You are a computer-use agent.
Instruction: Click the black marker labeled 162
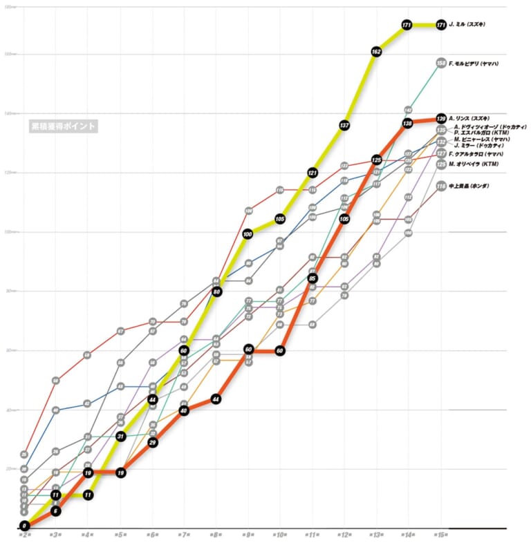(376, 51)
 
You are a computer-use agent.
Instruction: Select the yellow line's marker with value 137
(344, 124)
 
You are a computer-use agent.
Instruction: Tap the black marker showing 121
(313, 172)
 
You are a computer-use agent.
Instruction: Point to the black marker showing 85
(313, 278)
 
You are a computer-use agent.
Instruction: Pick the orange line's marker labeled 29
(152, 442)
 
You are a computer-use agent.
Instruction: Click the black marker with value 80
(216, 291)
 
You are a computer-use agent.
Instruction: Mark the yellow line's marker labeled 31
(120, 436)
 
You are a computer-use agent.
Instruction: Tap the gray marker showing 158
(441, 63)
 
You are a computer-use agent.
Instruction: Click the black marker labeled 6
(56, 510)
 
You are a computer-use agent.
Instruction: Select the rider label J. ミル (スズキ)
(467, 24)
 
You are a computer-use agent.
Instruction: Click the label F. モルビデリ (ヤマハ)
(474, 64)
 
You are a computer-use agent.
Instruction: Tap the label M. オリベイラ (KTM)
(473, 164)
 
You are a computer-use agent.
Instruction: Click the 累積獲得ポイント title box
(62, 126)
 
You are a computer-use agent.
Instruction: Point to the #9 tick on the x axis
(248, 535)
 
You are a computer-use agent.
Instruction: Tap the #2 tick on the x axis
(24, 535)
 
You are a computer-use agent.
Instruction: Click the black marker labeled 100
(248, 234)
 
